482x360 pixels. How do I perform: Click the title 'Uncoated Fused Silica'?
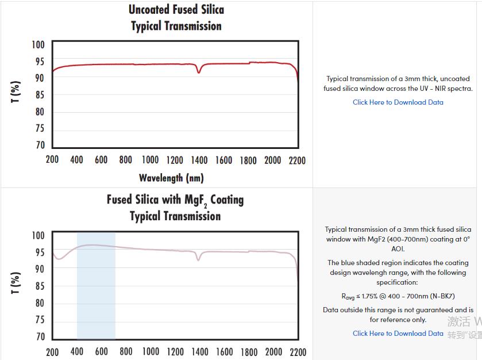[176, 10]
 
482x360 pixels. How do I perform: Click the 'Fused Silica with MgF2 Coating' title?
[175, 200]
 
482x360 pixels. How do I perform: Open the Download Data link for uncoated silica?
[398, 102]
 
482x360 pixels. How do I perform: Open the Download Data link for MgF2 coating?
[398, 334]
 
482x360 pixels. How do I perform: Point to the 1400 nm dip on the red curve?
[199, 72]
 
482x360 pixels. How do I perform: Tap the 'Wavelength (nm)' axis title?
[171, 178]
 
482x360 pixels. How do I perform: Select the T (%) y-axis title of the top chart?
[16, 92]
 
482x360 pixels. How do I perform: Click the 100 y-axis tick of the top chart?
[37, 45]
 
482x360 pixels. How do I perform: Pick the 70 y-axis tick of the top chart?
[39, 145]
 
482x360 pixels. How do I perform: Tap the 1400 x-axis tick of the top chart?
[199, 160]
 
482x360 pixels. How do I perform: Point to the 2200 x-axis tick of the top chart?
[296, 160]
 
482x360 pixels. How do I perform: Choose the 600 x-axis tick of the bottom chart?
[102, 351]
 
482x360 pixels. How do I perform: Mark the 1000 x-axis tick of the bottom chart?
[151, 351]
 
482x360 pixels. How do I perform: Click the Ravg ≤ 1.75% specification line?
[398, 297]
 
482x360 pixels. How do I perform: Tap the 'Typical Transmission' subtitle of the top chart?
[176, 26]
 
